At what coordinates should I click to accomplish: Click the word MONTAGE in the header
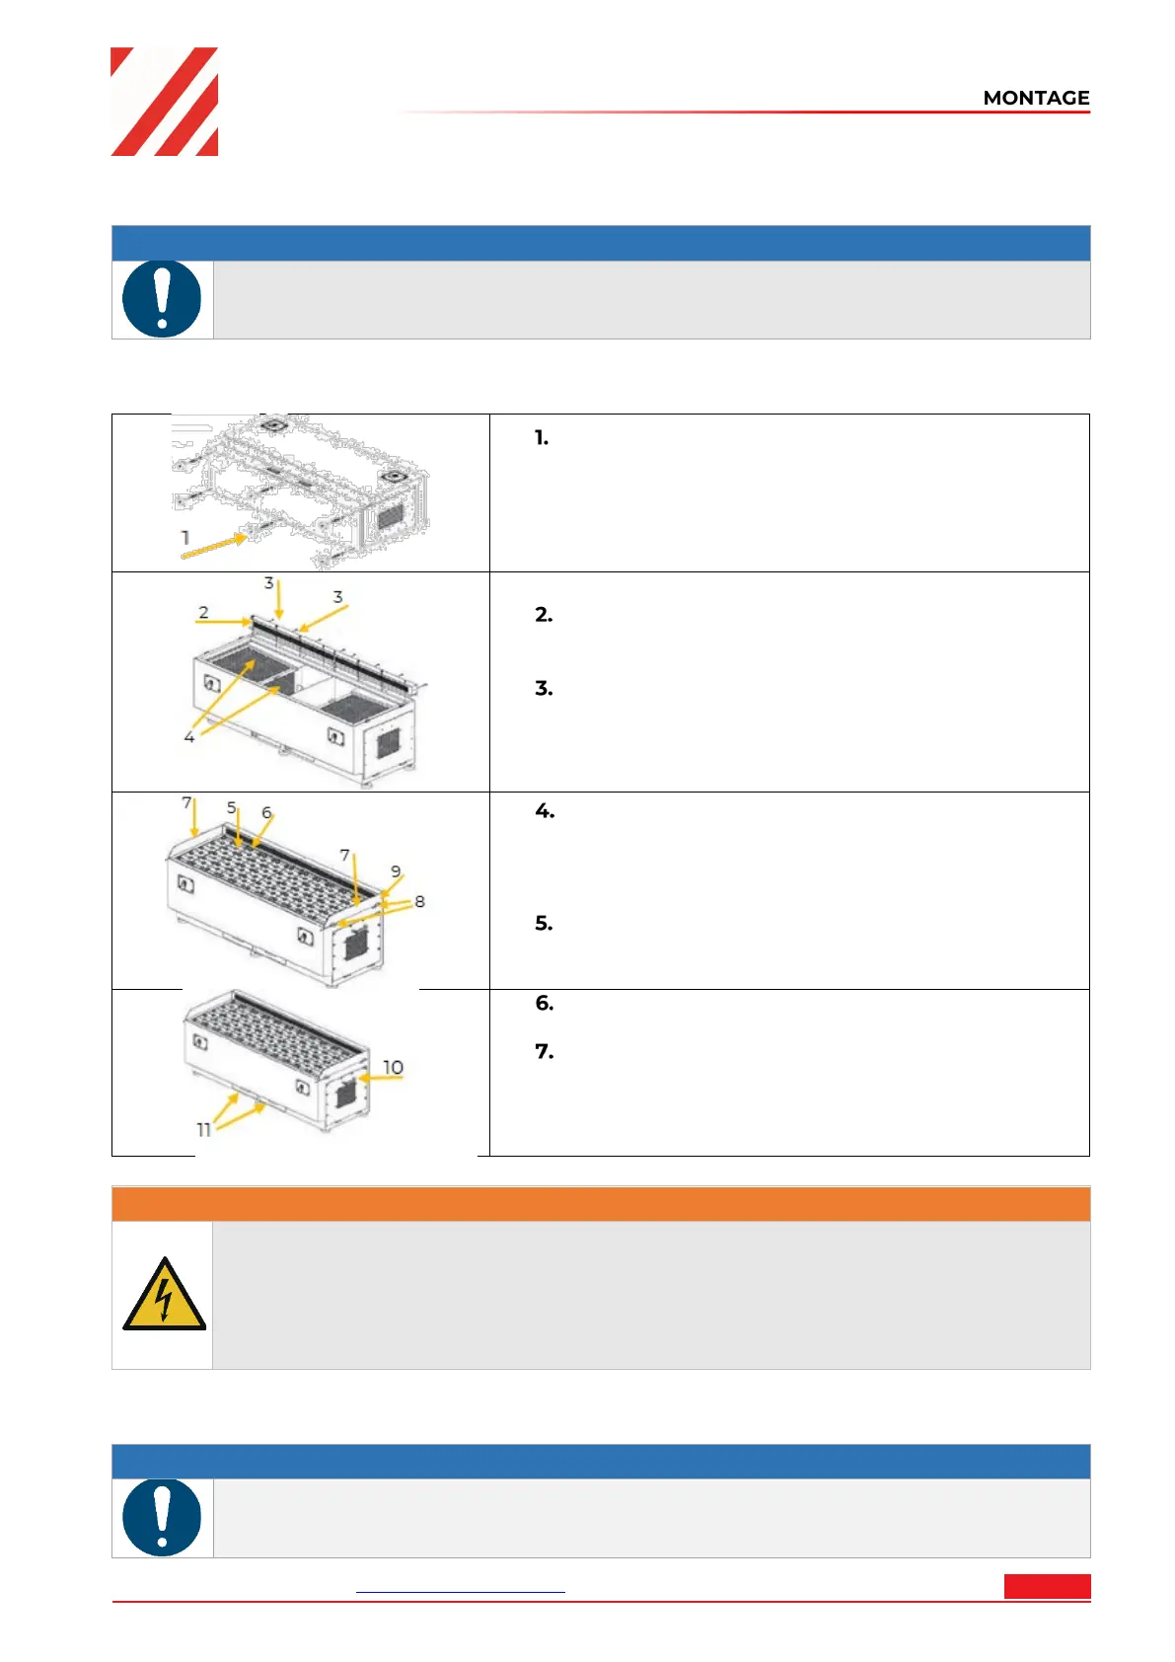(1036, 98)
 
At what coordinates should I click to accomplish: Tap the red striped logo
(164, 102)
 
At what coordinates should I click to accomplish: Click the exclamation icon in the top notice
(162, 299)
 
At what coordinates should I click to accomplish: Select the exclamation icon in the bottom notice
(162, 1517)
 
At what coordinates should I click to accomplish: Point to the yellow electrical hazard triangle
(164, 1295)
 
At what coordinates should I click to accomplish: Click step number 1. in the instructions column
(542, 438)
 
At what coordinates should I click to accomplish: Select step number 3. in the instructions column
(544, 689)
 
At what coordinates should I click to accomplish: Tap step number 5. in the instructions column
(544, 923)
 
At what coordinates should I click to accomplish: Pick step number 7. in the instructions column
(545, 1051)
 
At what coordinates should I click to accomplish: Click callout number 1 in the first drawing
(185, 537)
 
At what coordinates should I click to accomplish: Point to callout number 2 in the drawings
(203, 613)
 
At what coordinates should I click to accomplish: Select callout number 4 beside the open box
(189, 737)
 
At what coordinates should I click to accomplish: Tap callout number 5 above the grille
(232, 807)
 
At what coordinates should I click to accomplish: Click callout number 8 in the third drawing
(420, 901)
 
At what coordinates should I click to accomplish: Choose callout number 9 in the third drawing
(396, 871)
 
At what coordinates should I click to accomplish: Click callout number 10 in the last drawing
(394, 1067)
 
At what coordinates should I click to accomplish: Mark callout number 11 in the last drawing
(203, 1129)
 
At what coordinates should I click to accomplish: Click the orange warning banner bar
(601, 1203)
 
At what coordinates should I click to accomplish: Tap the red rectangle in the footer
(1048, 1586)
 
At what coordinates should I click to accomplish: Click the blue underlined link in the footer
(461, 1592)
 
